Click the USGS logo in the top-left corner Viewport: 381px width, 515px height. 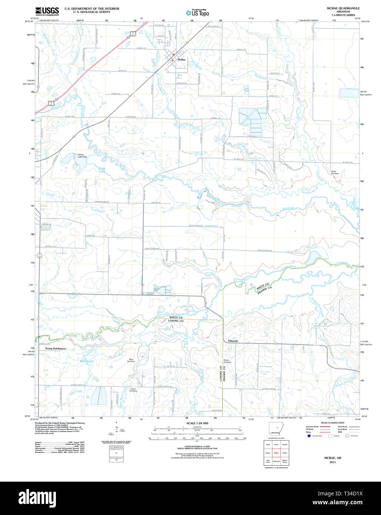coord(47,11)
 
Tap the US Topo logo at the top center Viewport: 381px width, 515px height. coord(197,13)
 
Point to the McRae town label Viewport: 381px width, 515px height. coord(181,60)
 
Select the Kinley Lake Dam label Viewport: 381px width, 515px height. coord(82,156)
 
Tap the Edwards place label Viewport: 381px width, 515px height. coord(233,341)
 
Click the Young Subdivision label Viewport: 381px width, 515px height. coord(56,349)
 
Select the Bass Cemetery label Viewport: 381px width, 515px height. coord(131,360)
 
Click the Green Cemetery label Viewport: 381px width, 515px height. coord(133,390)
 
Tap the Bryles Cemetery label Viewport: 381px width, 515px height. coord(227,361)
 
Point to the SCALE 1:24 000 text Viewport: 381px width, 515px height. coord(197,423)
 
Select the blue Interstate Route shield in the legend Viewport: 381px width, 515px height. coord(309,436)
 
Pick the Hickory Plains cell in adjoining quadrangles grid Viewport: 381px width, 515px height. coord(285,461)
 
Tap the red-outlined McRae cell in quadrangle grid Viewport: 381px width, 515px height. coord(276,453)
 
